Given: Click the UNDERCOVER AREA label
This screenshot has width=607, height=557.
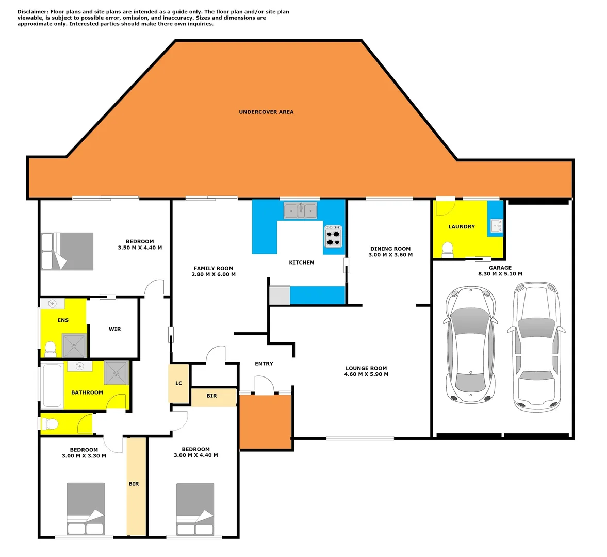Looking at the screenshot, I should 266,112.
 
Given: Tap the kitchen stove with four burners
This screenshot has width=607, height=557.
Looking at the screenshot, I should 333,236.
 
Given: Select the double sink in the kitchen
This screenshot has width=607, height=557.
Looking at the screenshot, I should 301,210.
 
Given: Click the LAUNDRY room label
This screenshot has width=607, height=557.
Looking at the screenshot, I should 462,227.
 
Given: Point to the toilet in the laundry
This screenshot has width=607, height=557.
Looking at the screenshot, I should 448,249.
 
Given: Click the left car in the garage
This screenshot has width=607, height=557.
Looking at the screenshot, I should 470,344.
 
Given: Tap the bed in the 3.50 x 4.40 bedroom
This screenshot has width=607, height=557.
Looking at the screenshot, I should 68,251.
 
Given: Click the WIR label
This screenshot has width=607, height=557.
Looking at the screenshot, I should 114,329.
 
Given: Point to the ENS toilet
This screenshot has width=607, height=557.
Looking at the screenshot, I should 51,349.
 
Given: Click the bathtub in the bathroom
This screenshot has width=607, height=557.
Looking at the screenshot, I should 53,385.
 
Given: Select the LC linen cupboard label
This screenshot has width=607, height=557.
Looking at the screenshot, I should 179,383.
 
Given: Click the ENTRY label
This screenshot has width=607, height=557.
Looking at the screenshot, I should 264,364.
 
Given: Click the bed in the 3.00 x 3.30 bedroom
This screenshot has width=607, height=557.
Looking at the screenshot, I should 86,509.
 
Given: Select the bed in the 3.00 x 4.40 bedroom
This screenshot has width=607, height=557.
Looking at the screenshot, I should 195,509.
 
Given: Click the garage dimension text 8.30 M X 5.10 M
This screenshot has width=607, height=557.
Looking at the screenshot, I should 500,274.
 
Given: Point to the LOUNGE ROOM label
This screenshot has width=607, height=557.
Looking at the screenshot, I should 366,369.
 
